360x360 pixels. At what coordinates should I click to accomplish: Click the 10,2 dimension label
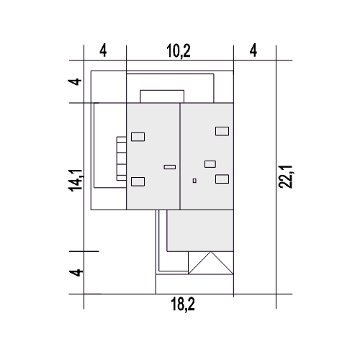pos(179,51)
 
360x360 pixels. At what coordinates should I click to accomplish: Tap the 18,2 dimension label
pos(183,304)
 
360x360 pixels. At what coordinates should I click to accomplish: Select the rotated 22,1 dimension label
pos(285,177)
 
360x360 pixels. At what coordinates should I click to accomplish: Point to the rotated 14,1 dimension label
pos(76,180)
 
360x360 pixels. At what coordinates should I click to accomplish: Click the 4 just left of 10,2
pos(103,50)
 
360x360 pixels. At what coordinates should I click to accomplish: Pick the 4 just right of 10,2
pos(253,50)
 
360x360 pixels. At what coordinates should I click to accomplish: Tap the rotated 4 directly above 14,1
pos(75,81)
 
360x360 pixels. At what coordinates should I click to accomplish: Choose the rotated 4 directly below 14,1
pos(76,273)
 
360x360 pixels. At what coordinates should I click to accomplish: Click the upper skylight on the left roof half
pos(138,137)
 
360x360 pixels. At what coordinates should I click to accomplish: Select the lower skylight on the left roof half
pos(138,181)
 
